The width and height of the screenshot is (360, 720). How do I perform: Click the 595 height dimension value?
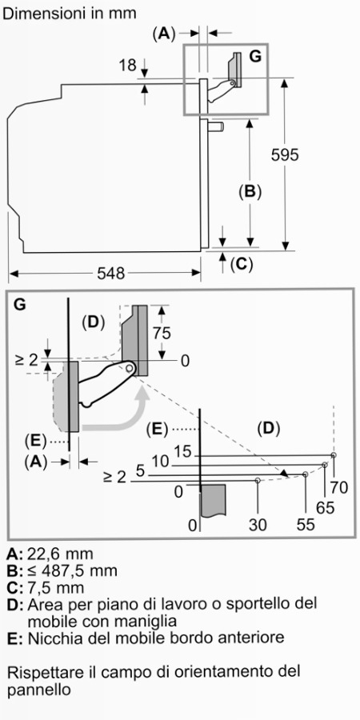point(285,154)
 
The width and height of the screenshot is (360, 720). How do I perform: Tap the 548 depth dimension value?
point(111,274)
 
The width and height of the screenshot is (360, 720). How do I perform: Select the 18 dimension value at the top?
point(128,66)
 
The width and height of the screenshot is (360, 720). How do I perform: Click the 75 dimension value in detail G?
point(161,333)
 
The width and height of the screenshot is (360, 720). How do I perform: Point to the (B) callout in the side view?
point(250,191)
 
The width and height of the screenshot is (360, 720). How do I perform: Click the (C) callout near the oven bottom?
point(242,264)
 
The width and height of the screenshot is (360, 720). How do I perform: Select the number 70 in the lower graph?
point(339,487)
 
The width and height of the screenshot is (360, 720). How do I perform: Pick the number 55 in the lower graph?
point(306,525)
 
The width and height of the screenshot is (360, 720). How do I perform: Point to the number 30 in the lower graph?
point(258,525)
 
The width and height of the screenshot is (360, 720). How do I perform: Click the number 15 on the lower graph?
point(182,452)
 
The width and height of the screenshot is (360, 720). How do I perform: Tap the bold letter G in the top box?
point(255,57)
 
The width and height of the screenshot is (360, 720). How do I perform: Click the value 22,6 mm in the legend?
point(60,554)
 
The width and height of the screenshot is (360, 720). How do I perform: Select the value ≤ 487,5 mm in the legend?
point(73,570)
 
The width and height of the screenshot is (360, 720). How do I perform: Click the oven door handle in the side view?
point(216,126)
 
